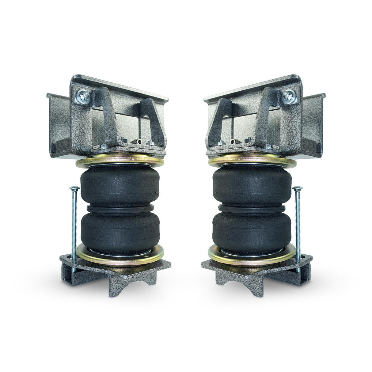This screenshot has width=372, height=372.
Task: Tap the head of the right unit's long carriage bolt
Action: [x=298, y=188]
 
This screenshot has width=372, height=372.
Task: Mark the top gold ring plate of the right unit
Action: [x=252, y=160]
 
